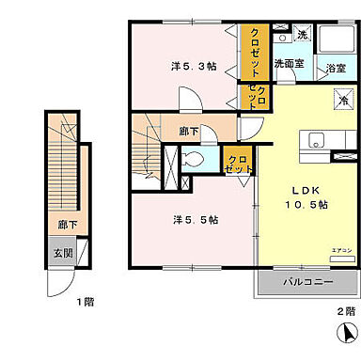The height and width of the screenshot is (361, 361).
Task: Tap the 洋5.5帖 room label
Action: click(x=196, y=220)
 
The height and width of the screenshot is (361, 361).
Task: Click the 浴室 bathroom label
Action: click(x=336, y=69)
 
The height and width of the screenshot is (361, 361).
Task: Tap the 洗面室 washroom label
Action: click(x=289, y=64)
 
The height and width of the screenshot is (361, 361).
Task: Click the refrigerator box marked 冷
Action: click(x=344, y=100)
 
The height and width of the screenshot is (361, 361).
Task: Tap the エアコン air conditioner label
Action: click(x=341, y=249)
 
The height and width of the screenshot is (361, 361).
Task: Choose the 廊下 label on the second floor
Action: click(x=189, y=132)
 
